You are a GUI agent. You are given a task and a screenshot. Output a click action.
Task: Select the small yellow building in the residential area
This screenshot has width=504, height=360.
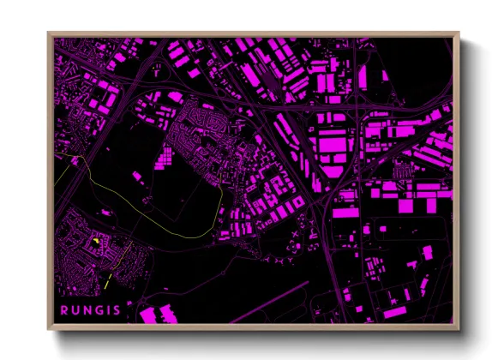[x=96, y=242]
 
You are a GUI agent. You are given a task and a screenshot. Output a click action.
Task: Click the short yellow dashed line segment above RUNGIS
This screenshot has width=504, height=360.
[x=106, y=280]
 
